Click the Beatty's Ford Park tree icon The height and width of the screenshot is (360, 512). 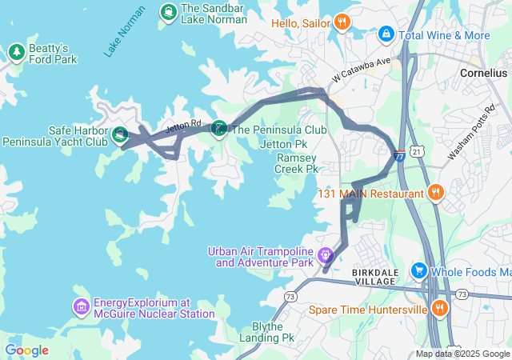(16, 53)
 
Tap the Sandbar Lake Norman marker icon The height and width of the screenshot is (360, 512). (169, 12)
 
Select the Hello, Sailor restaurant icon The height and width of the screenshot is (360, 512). (342, 22)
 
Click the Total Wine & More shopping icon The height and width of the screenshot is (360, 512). (386, 34)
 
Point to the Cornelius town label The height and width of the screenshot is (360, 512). (482, 72)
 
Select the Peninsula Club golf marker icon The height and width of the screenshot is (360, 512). (219, 130)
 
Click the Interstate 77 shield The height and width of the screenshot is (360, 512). (399, 156)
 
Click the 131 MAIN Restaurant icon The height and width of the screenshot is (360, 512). (436, 192)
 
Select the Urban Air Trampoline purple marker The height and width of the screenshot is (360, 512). (325, 256)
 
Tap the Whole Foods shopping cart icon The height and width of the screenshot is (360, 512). (418, 271)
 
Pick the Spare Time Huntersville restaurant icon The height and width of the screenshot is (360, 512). (438, 308)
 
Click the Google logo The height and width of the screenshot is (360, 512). (27, 350)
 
